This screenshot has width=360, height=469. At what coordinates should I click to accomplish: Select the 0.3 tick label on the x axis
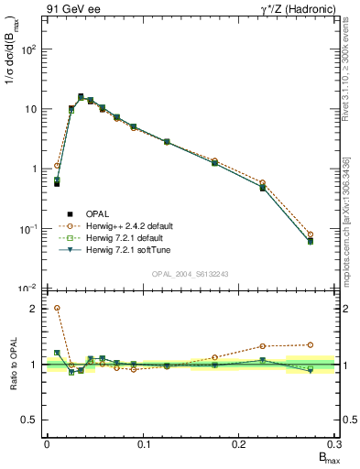pyautogui.click(x=334, y=445)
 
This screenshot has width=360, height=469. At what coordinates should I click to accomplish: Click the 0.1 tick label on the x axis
pyautogui.click(x=143, y=445)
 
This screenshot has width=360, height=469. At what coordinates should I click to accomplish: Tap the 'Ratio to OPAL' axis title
pyautogui.click(x=12, y=364)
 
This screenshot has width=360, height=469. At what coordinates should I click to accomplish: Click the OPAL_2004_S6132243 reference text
pyautogui.click(x=191, y=275)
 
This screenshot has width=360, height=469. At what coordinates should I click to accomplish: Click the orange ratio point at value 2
pyautogui.click(x=57, y=309)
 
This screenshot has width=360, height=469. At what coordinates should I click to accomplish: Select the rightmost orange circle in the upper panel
pyautogui.click(x=311, y=234)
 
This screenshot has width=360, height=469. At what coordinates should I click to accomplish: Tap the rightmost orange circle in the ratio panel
pyautogui.click(x=311, y=344)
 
